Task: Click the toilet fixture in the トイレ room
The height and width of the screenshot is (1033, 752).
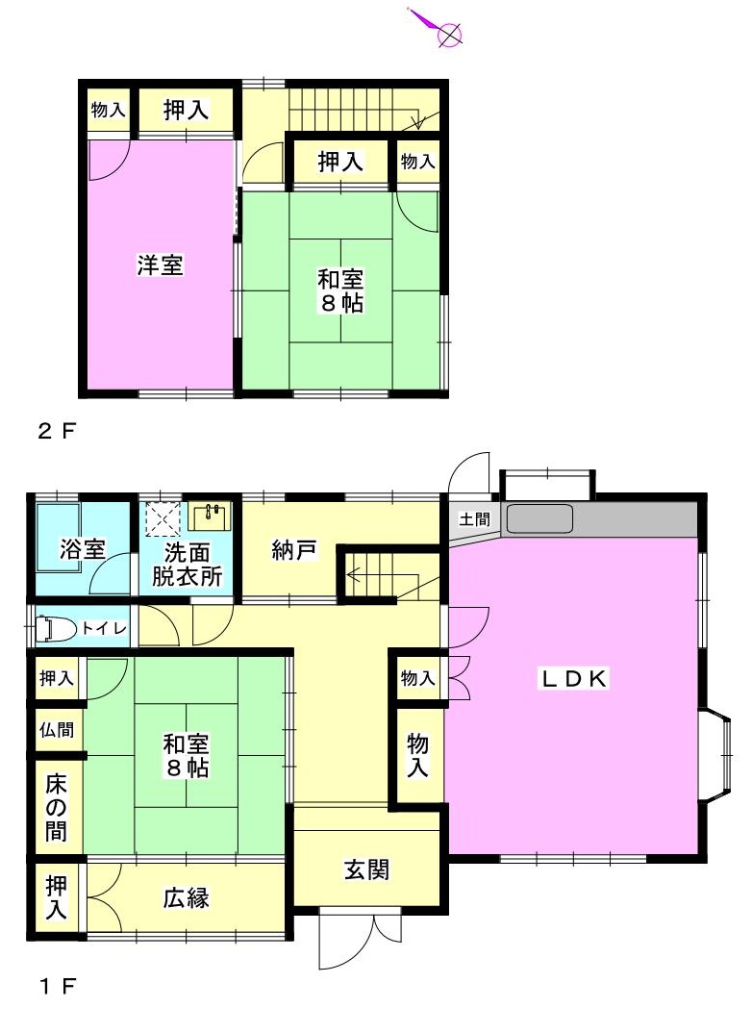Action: coord(45,628)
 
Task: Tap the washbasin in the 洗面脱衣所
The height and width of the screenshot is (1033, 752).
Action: coord(210,516)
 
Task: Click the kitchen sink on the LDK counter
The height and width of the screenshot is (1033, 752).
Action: coord(539,518)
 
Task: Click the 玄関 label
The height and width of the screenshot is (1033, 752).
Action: coord(366,869)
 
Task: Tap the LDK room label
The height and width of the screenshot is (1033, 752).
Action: coord(573,678)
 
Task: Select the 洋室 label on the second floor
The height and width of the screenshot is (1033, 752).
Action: coord(160,265)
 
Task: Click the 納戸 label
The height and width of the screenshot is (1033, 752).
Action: coord(293,549)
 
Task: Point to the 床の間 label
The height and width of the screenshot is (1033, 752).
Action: coord(57,808)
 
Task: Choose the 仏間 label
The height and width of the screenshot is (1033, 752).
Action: coord(57,729)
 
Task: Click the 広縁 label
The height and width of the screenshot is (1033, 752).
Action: coord(187,897)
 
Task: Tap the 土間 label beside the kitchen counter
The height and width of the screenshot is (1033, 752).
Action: coord(474,519)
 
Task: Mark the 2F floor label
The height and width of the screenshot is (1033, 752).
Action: coord(57,431)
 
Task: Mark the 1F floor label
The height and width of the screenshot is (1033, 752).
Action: coord(57,986)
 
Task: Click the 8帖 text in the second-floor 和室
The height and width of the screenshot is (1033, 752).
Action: coord(341,303)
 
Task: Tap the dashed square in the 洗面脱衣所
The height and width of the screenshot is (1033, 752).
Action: coord(163,518)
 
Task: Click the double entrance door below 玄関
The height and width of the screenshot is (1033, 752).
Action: coord(360,940)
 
